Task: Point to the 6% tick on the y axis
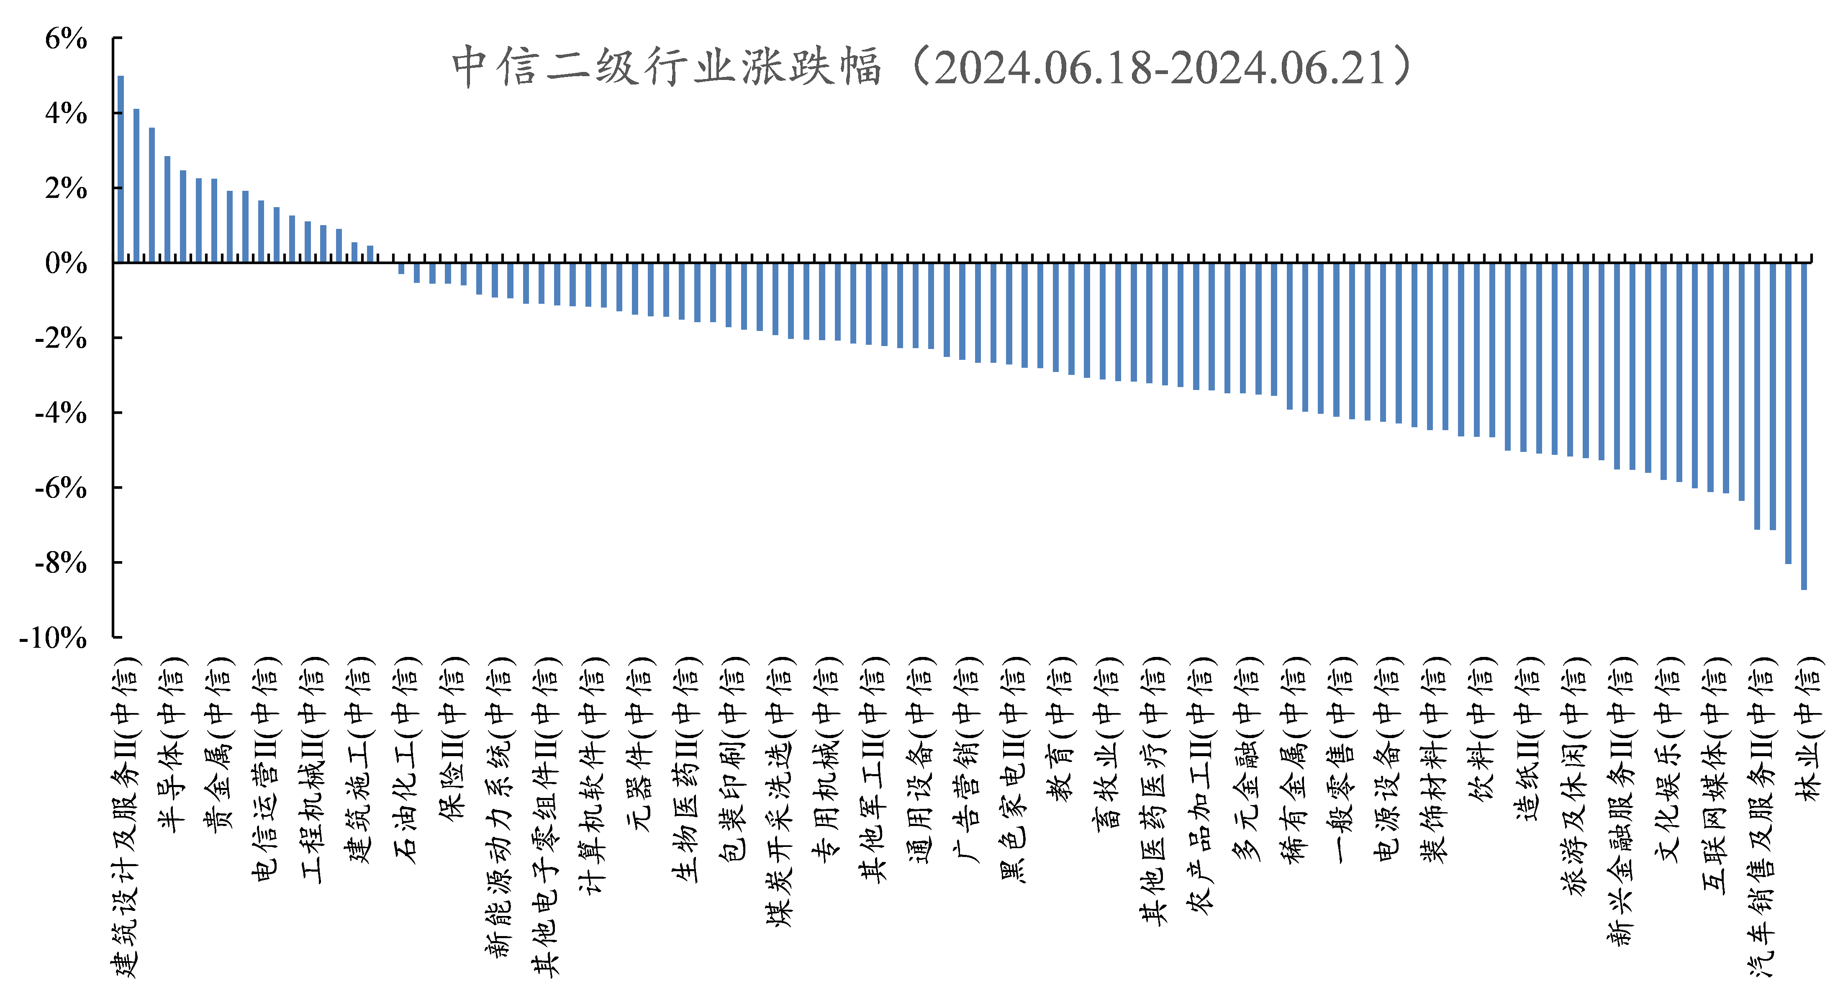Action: (66, 39)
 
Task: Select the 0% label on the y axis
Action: (66, 263)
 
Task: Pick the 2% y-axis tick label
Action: (66, 189)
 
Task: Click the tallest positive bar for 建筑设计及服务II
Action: (121, 169)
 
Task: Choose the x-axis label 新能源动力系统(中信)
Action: (500, 807)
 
